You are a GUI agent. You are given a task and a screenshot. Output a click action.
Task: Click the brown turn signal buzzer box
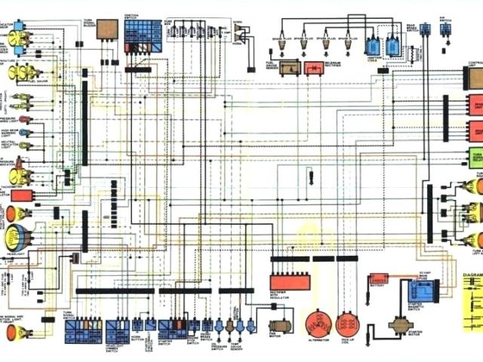click(x=106, y=29)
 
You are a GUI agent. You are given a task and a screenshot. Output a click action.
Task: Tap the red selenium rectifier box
click(x=313, y=68)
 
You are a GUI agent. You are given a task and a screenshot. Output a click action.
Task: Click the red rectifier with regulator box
click(x=290, y=283)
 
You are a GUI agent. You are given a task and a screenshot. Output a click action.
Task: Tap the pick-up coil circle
click(x=348, y=325)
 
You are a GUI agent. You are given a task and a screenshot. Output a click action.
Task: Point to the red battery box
click(x=378, y=278)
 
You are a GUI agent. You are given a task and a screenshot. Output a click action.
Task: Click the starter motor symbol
click(x=398, y=327)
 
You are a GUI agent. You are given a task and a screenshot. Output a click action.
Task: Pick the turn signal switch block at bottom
click(x=83, y=330)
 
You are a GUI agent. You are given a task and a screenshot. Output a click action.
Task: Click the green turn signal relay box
click(x=476, y=158)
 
